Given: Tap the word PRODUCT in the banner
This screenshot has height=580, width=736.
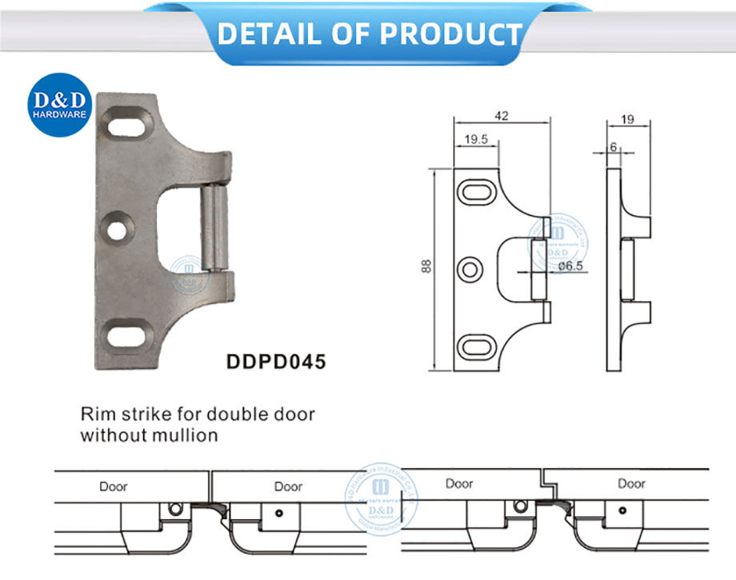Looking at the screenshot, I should click(x=450, y=34).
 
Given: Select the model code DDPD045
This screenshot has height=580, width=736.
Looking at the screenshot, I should click(x=276, y=362).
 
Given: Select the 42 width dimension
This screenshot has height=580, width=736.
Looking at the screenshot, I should click(x=502, y=115).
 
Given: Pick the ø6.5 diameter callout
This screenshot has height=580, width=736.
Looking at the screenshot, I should click(x=570, y=266).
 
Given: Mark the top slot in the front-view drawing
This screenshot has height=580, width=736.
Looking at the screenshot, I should click(x=478, y=193).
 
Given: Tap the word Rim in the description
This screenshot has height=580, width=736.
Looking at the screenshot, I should click(x=94, y=415).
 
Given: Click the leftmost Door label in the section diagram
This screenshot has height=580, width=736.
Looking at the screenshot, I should click(x=114, y=486).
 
